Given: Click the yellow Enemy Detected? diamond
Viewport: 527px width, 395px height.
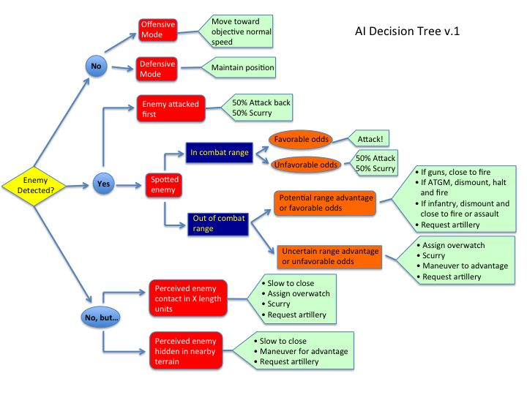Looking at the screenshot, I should [34, 185].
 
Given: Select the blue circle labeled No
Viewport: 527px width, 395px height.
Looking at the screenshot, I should [95, 67].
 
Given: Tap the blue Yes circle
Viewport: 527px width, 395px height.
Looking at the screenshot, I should [103, 184].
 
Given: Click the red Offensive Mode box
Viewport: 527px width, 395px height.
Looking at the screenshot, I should [158, 30].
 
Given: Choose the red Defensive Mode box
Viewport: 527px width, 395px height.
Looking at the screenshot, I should [158, 69].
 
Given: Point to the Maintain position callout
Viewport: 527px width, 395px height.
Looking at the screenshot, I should [242, 68].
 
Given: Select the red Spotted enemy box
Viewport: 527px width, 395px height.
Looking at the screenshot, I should [165, 184].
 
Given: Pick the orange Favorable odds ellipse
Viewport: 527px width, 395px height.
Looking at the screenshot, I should [300, 139].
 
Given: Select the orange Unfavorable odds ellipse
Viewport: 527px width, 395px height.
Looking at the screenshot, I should [305, 165].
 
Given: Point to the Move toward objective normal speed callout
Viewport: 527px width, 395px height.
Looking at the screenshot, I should [242, 32].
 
